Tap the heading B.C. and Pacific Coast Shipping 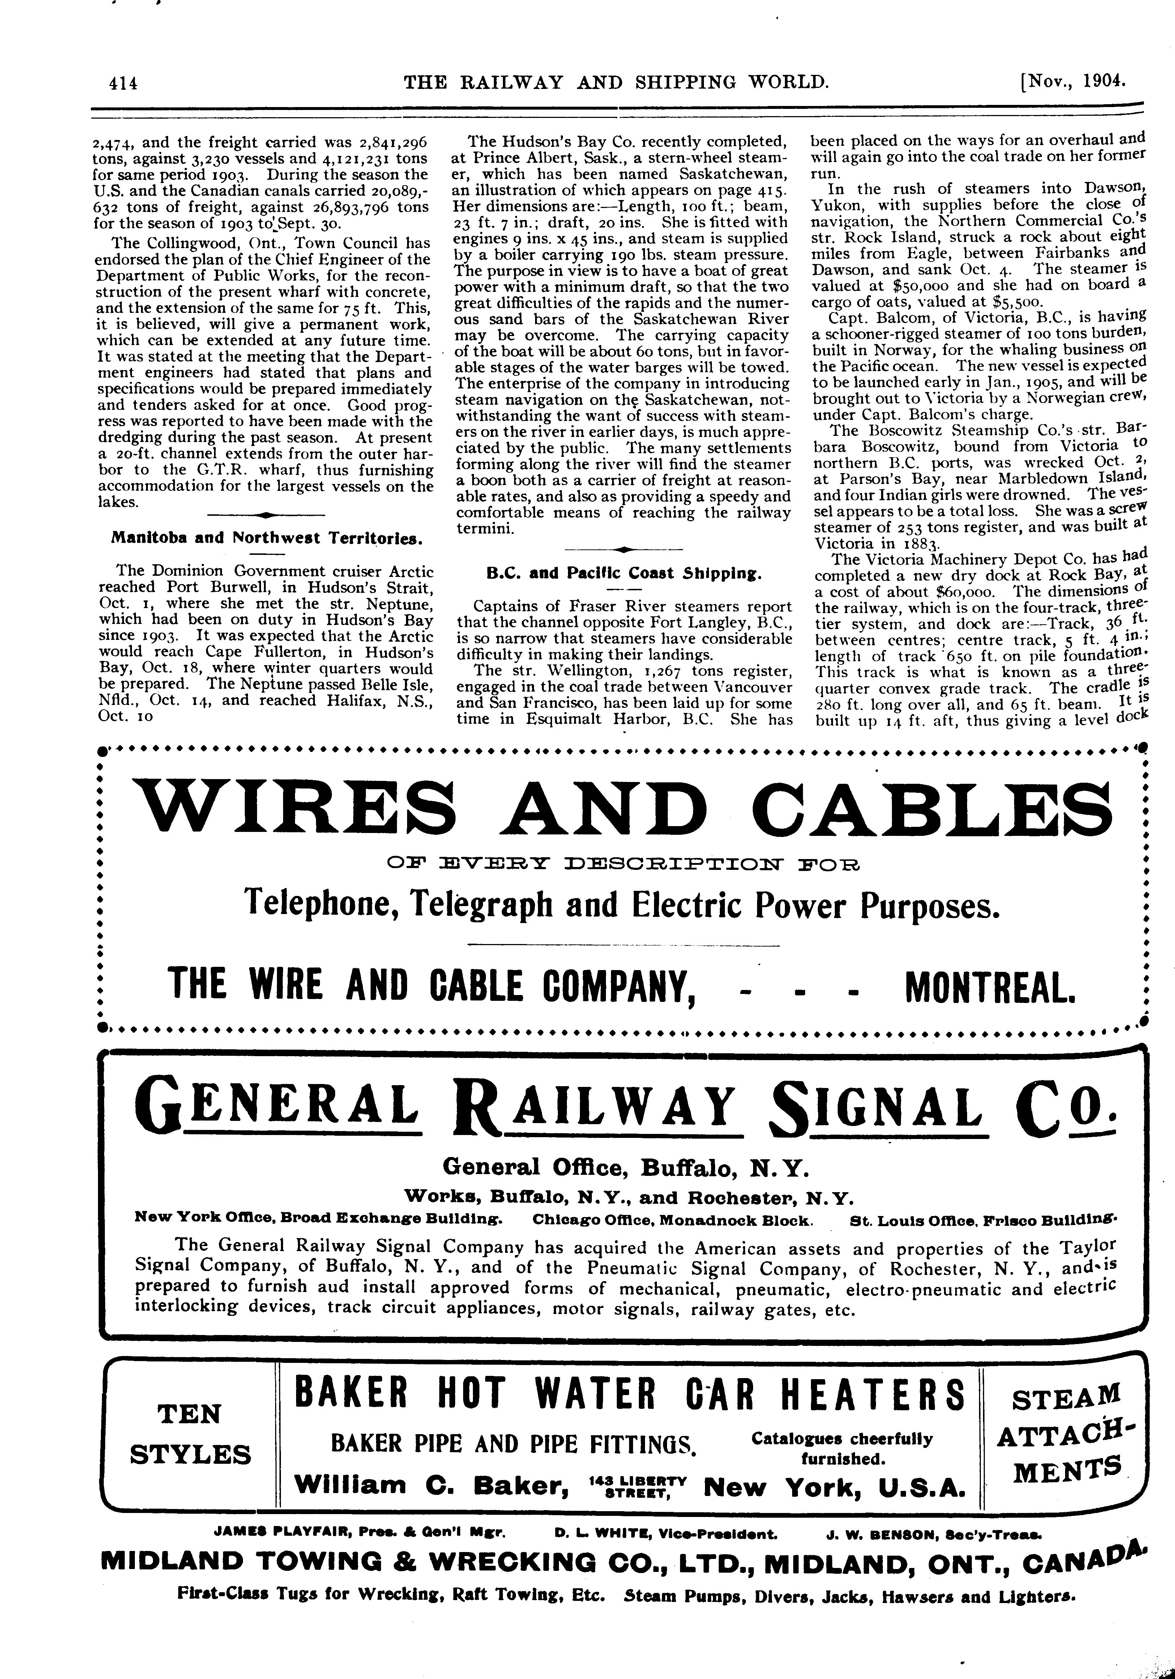click(x=624, y=574)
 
